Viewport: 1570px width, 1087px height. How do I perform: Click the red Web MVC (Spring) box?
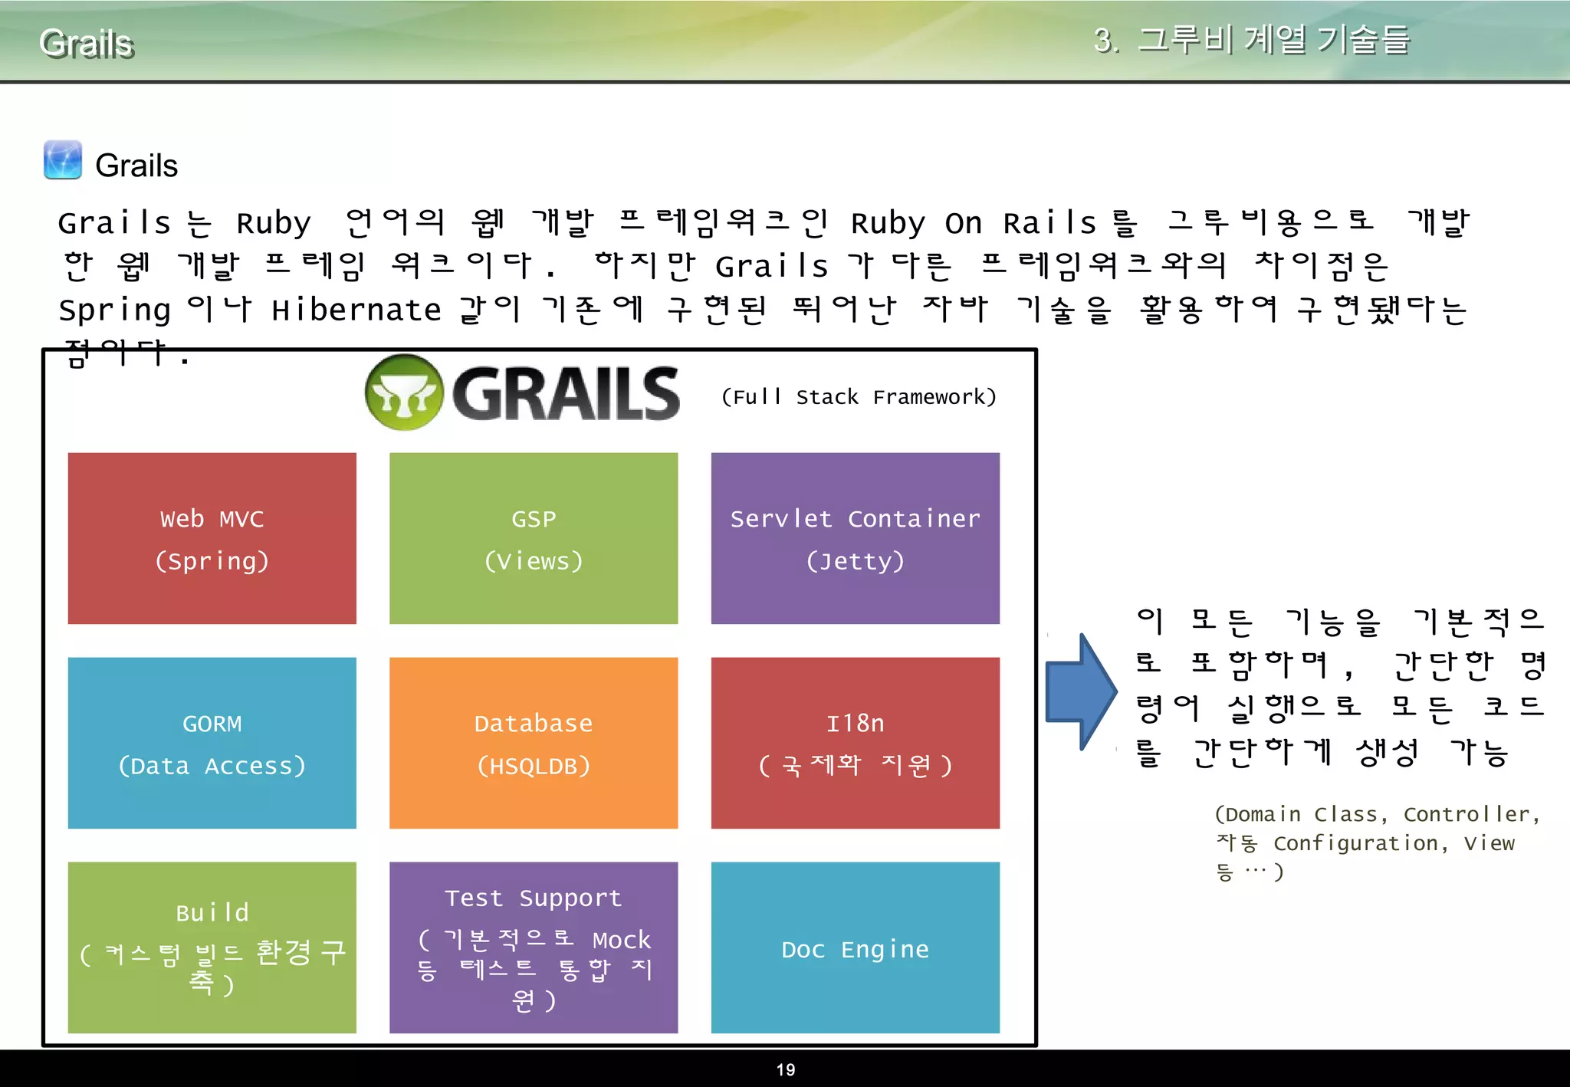pyautogui.click(x=212, y=538)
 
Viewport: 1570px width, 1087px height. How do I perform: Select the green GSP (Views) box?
pyautogui.click(x=534, y=538)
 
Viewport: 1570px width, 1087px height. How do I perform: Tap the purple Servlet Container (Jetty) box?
pyautogui.click(x=855, y=538)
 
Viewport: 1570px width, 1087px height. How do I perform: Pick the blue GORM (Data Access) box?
pyautogui.click(x=212, y=743)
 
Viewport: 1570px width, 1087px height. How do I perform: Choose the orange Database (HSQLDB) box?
pyautogui.click(x=534, y=743)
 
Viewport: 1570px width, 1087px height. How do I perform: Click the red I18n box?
pyautogui.click(x=855, y=743)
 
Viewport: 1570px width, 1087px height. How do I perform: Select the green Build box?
pyautogui.click(x=212, y=947)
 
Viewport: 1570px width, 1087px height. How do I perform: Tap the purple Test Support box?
pyautogui.click(x=534, y=947)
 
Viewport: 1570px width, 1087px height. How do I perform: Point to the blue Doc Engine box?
pyautogui.click(x=855, y=947)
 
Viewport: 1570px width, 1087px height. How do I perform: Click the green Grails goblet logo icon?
pyautogui.click(x=404, y=392)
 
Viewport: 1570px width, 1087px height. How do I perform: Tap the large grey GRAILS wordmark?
pyautogui.click(x=566, y=394)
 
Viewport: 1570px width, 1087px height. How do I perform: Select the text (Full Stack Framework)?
pyautogui.click(x=859, y=397)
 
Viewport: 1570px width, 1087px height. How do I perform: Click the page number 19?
pyautogui.click(x=786, y=1070)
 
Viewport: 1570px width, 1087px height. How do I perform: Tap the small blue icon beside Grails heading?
pyautogui.click(x=63, y=159)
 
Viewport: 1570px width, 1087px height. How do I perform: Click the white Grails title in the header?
pyautogui.click(x=87, y=44)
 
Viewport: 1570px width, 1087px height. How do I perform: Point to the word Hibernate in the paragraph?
pyautogui.click(x=356, y=310)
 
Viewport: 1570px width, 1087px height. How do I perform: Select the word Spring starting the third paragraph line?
pyautogui.click(x=115, y=310)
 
